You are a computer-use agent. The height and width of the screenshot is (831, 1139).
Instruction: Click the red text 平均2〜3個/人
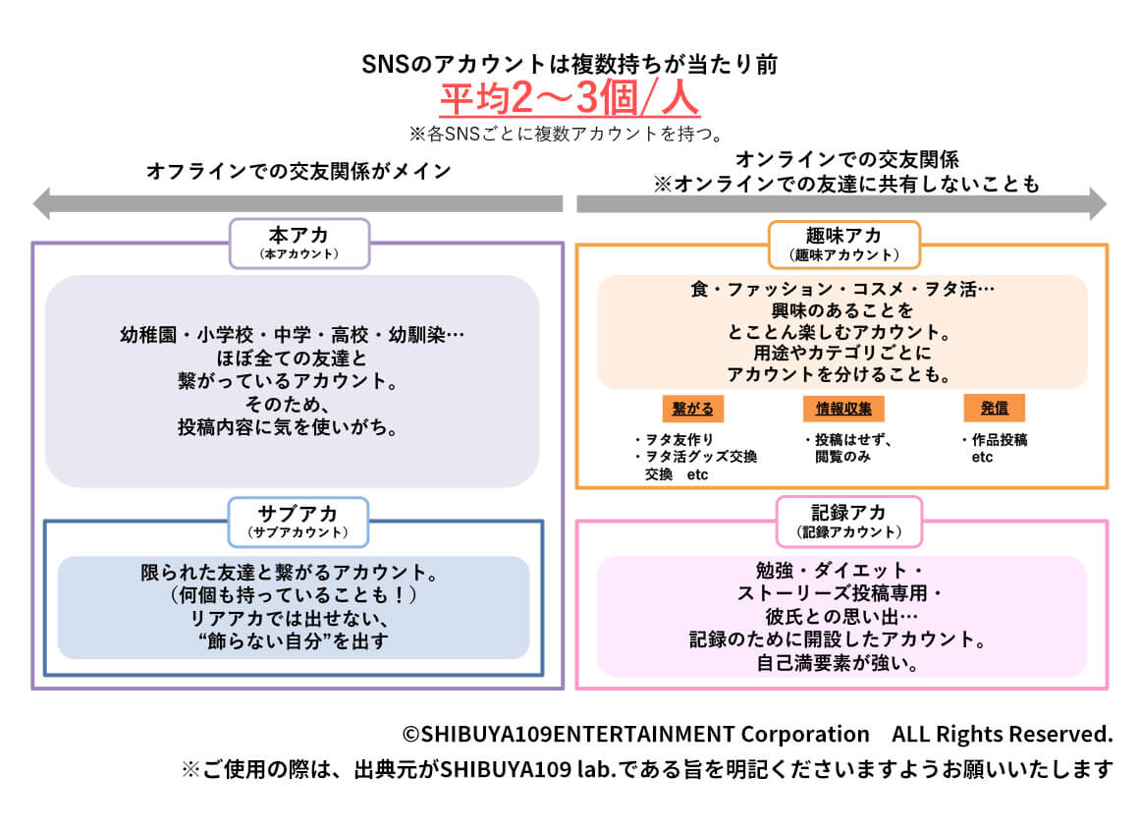pyautogui.click(x=569, y=99)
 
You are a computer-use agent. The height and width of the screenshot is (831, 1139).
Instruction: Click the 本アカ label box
pyautogui.click(x=299, y=243)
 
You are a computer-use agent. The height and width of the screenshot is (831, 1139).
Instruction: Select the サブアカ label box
pyautogui.click(x=298, y=521)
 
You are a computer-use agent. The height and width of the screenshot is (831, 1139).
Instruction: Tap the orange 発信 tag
pyautogui.click(x=995, y=408)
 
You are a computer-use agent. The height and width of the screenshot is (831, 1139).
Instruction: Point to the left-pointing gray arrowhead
pyautogui.click(x=42, y=204)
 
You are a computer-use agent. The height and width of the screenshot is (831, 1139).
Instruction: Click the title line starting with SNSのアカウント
pyautogui.click(x=569, y=65)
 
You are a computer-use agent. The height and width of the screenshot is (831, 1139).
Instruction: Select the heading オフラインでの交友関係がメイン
pyautogui.click(x=298, y=171)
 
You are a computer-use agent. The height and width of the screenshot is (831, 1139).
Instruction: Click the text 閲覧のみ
pyautogui.click(x=841, y=457)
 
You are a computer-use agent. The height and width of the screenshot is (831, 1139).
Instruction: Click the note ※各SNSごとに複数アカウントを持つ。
pyautogui.click(x=569, y=133)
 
